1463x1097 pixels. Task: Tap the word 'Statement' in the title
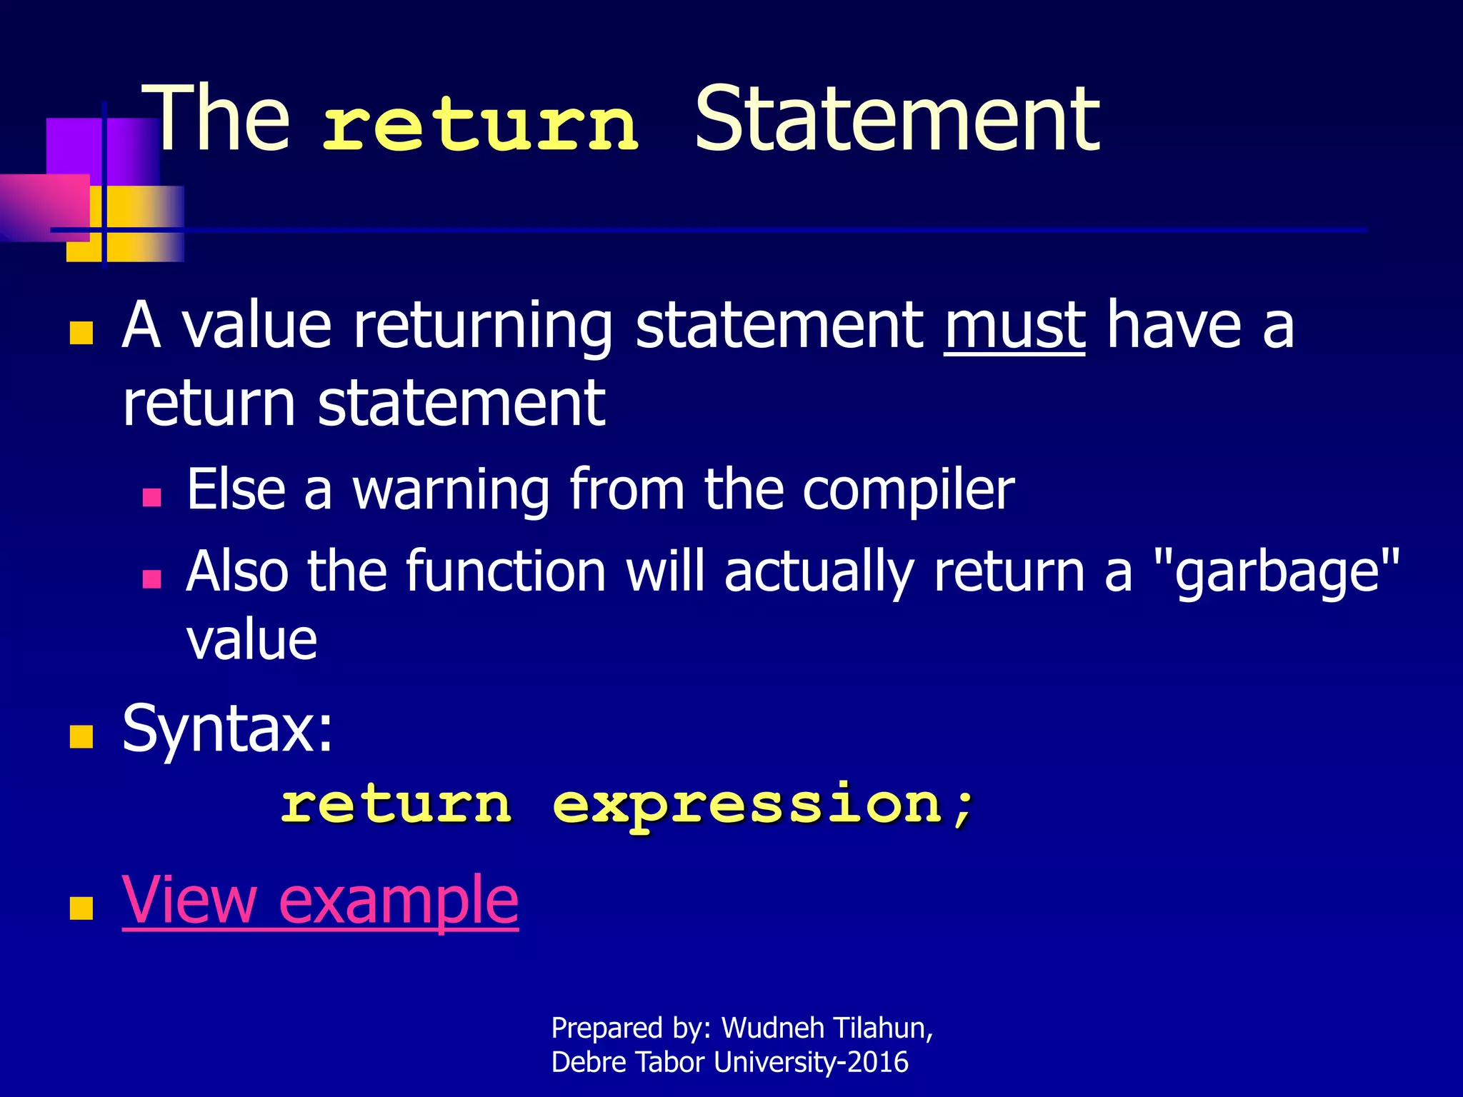pos(897,119)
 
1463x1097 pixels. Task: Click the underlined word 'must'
pos(1014,326)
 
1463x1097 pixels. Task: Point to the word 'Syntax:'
pos(227,728)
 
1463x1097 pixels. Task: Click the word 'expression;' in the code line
pos(763,806)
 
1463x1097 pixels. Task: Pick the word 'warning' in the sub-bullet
pos(451,491)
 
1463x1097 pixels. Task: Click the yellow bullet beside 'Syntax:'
pos(81,736)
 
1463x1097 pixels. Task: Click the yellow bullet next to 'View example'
pos(81,908)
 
